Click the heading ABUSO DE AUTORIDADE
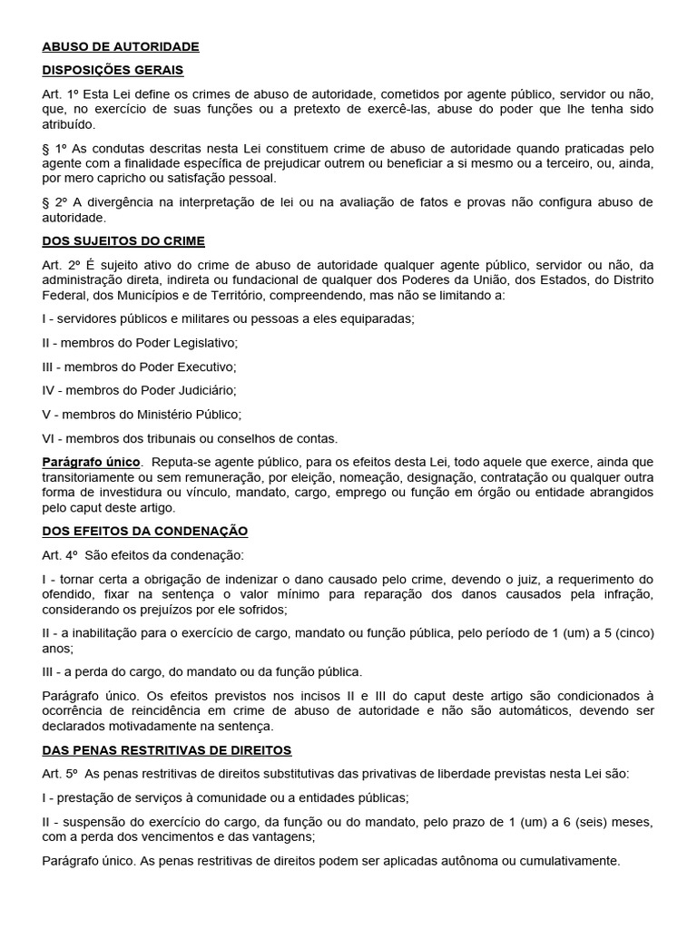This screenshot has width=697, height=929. [120, 46]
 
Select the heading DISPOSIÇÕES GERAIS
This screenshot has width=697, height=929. [113, 70]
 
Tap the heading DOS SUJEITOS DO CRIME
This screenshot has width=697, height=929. [123, 241]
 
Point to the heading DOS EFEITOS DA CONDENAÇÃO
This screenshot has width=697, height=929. [144, 531]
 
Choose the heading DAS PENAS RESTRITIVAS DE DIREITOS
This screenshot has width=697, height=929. [166, 750]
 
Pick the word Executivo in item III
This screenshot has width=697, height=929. [201, 367]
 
